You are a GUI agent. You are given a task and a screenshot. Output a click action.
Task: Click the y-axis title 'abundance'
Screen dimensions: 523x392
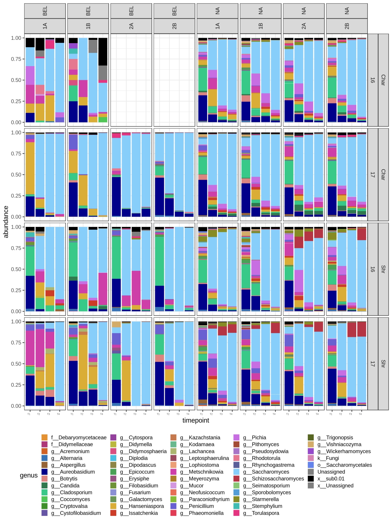[6, 222]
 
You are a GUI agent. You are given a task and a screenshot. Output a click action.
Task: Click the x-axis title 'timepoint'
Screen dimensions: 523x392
[195, 420]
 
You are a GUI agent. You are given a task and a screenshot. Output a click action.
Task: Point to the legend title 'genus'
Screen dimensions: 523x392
[29, 475]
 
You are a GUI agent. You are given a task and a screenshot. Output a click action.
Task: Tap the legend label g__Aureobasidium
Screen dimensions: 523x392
[77, 472]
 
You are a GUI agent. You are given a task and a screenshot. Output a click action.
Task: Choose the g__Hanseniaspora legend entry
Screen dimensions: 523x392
[146, 506]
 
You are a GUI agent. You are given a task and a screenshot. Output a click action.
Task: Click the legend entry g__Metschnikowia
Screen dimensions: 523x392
[206, 472]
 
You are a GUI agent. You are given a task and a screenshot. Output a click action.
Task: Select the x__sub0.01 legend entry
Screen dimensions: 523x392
[331, 478]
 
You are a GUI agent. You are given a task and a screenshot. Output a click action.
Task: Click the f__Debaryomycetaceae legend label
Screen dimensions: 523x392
[79, 437]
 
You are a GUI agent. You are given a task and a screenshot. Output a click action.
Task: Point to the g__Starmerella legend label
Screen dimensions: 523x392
[265, 499]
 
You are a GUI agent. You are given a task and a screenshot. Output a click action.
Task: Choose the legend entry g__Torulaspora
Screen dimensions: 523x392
[266, 513]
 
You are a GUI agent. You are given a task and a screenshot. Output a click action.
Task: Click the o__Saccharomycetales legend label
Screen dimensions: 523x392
[344, 465]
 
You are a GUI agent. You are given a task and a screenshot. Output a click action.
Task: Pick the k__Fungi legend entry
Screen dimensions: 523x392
[328, 458]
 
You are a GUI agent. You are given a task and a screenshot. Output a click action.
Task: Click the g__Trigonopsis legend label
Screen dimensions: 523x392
[335, 437]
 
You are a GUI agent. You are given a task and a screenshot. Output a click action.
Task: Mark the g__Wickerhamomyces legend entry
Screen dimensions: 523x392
[344, 451]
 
